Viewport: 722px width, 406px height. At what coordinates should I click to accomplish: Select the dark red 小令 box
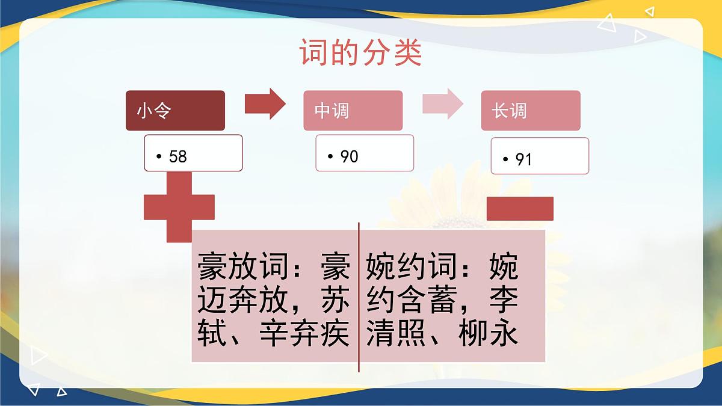click(175, 111)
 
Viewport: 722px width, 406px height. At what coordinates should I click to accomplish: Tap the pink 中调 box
click(353, 111)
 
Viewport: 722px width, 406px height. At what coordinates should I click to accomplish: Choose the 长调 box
click(530, 111)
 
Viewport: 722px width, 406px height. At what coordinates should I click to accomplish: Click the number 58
click(178, 157)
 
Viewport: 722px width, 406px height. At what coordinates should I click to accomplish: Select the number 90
click(350, 156)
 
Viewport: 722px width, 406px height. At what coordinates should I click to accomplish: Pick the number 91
click(524, 159)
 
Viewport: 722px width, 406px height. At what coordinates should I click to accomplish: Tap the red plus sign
click(179, 207)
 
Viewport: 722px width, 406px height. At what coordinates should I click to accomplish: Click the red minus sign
click(520, 208)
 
